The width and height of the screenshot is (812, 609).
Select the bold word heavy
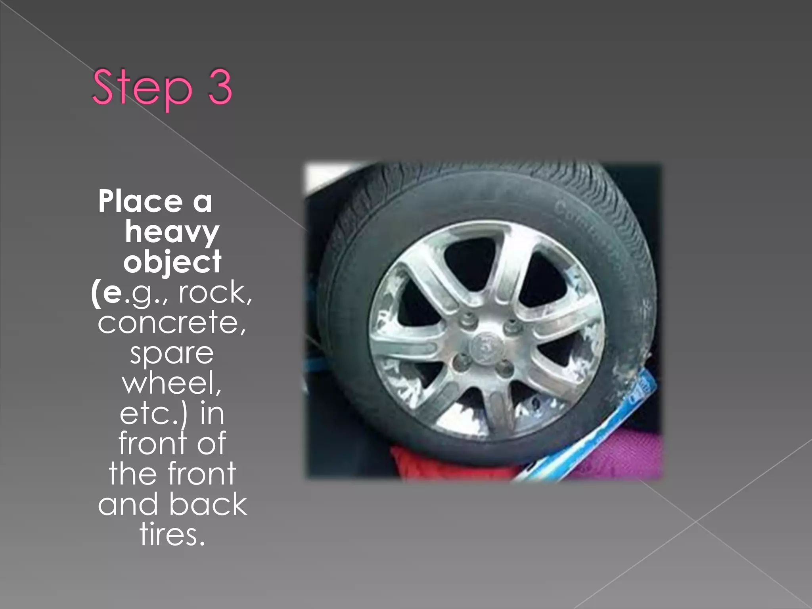point(172,232)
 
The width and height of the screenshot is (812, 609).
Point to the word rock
point(214,293)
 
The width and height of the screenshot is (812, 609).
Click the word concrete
point(172,322)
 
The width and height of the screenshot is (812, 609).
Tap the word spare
point(172,354)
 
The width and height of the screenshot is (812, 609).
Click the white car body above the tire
point(329,174)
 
